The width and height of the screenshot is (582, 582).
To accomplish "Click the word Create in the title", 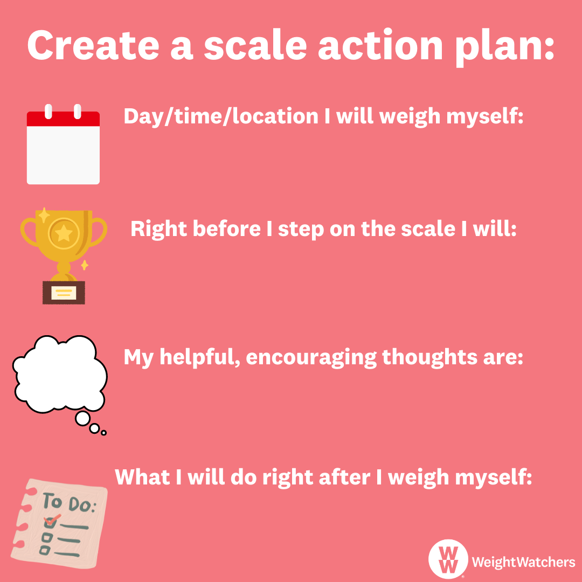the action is (93, 45).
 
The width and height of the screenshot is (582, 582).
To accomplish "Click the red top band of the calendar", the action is (63, 119).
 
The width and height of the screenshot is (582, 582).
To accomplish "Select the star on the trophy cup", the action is (64, 233).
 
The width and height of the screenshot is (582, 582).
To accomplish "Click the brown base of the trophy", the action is (64, 293).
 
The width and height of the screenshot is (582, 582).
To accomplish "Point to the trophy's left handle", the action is (29, 232).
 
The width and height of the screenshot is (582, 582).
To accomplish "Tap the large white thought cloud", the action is (60, 374).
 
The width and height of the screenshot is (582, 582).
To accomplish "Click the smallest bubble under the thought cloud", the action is (103, 433).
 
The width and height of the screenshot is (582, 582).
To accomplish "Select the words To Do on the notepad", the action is (68, 503).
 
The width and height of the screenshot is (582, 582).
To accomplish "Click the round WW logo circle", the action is (448, 559).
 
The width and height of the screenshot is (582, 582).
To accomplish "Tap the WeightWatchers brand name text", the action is (523, 562).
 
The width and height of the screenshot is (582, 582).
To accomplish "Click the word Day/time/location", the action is (221, 116).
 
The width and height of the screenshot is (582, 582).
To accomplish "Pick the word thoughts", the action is (429, 357).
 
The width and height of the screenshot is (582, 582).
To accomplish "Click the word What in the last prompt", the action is (142, 476).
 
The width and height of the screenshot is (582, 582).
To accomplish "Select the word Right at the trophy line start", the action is (158, 230).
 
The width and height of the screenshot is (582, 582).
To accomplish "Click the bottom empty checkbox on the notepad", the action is (45, 550).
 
